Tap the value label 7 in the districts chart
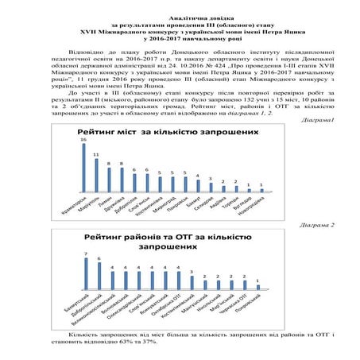(x=86, y=255)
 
